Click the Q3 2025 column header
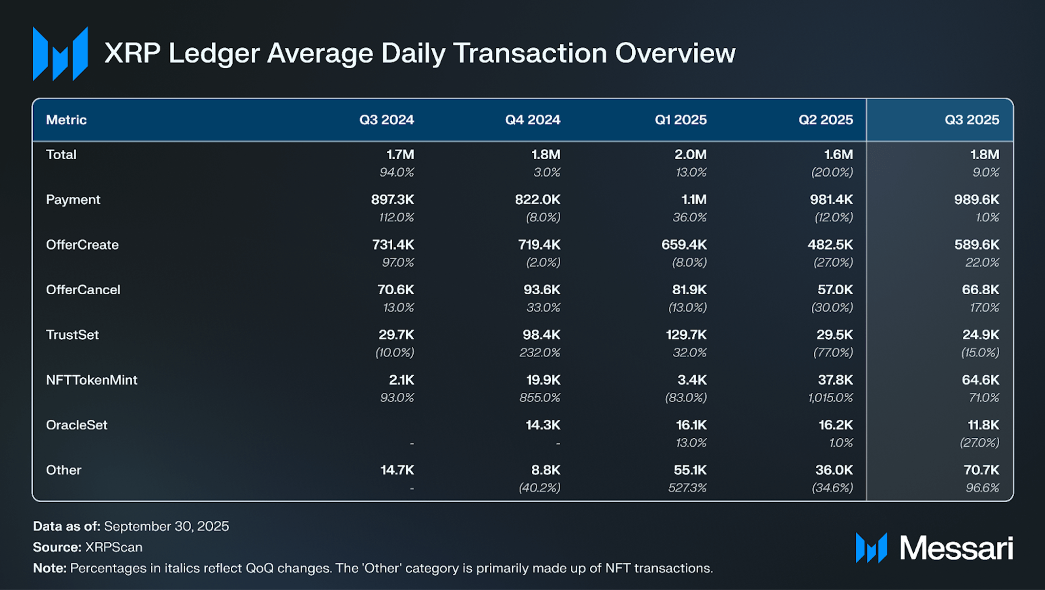(x=971, y=120)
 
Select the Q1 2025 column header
(x=681, y=120)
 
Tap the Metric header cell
(x=66, y=120)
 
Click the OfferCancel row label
(x=83, y=290)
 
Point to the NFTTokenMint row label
(x=92, y=380)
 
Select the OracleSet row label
(x=77, y=425)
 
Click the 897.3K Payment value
(x=392, y=200)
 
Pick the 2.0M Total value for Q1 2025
(x=690, y=155)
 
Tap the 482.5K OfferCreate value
(x=830, y=245)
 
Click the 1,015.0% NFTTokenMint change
(x=830, y=398)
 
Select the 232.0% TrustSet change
(x=540, y=352)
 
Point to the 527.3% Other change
(x=687, y=488)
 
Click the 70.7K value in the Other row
(x=981, y=470)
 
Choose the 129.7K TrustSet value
(x=686, y=335)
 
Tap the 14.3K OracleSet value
(x=543, y=425)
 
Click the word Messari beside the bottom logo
(x=956, y=548)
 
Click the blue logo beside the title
(x=60, y=54)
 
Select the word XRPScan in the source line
(x=114, y=547)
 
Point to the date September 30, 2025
(x=166, y=526)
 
